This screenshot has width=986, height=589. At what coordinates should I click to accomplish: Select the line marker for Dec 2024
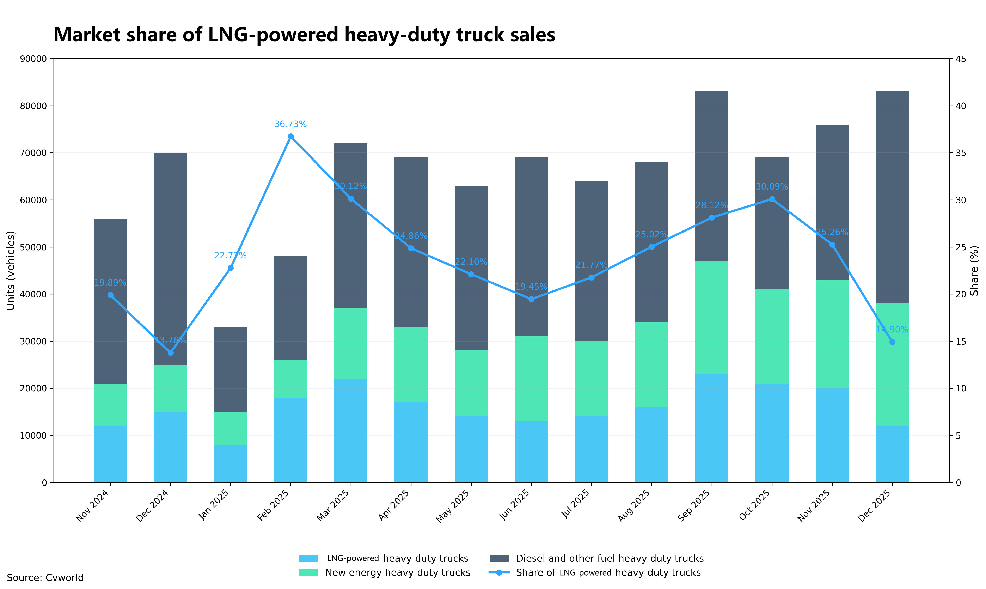(x=171, y=353)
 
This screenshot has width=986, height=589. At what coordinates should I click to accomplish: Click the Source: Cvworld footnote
(x=45, y=577)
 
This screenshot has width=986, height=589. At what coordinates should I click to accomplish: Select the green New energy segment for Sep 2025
(x=712, y=318)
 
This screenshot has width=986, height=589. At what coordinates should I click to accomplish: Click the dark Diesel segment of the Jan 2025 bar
(x=231, y=369)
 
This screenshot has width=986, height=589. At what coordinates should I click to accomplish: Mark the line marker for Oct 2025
(x=772, y=199)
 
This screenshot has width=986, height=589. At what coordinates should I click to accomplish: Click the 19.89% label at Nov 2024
(x=110, y=283)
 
